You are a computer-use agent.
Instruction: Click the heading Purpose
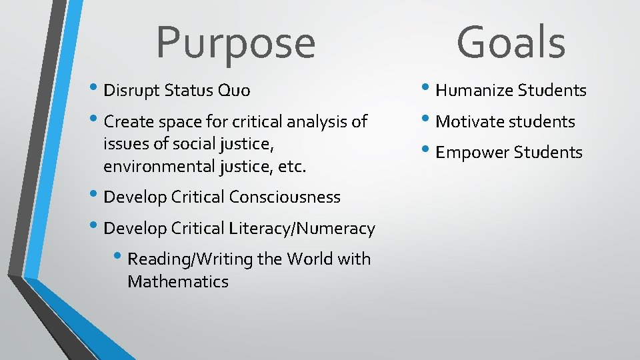235,43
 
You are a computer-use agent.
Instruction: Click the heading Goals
511,41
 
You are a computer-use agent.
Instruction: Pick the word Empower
472,153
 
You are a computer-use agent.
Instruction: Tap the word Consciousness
285,197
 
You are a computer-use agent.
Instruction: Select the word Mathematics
178,282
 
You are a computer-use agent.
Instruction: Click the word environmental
160,167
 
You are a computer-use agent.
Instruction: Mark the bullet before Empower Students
428,151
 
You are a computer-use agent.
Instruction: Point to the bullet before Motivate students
428,120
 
